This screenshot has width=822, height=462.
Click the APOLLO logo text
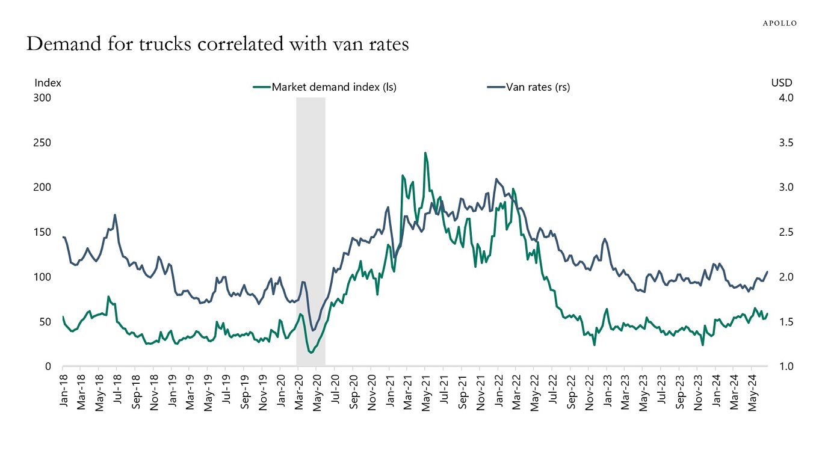[x=779, y=23]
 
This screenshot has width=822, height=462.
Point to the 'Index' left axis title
[x=48, y=83]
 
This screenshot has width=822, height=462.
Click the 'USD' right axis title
[x=782, y=83]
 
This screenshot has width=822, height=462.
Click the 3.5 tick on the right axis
[x=782, y=143]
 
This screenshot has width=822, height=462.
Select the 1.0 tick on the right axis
[x=782, y=366]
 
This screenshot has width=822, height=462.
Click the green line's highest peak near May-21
[x=425, y=153]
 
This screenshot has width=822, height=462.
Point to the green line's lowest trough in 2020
[x=311, y=353]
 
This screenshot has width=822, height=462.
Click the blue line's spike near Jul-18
[x=114, y=215]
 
